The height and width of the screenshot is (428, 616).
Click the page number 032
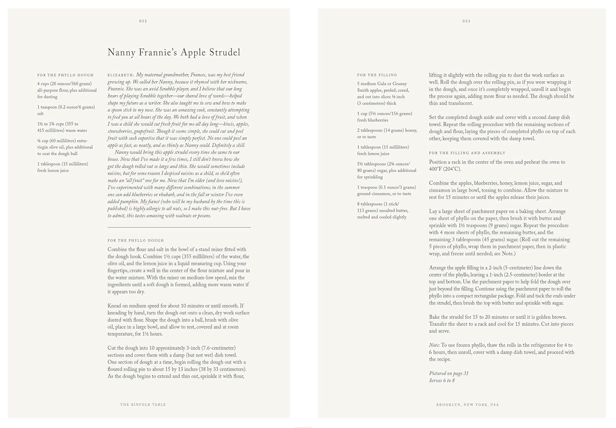click(143, 21)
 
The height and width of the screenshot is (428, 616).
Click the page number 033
click(467, 21)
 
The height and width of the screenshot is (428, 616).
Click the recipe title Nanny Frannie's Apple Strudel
click(174, 53)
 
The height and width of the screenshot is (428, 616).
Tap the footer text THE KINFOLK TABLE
click(143, 405)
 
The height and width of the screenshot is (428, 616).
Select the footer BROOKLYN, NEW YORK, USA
click(467, 405)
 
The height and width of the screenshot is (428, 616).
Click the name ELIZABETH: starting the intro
click(121, 75)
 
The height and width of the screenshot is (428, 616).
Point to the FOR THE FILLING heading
click(377, 75)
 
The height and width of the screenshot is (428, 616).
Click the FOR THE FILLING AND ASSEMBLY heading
click(467, 153)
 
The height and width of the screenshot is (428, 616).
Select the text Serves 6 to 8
click(442, 381)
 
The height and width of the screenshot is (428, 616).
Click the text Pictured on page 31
click(448, 373)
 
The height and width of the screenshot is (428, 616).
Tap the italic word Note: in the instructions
click(434, 345)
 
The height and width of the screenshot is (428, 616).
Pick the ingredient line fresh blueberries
click(372, 120)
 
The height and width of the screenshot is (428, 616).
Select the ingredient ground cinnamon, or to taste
click(384, 194)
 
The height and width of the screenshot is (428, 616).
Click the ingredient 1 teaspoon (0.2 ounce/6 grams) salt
click(66, 110)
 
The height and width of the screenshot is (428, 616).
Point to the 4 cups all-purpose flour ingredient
click(67, 90)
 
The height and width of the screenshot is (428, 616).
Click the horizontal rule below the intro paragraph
click(179, 227)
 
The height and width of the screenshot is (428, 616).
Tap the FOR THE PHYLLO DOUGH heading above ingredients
click(65, 75)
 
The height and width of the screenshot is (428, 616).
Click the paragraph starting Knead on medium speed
click(178, 320)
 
